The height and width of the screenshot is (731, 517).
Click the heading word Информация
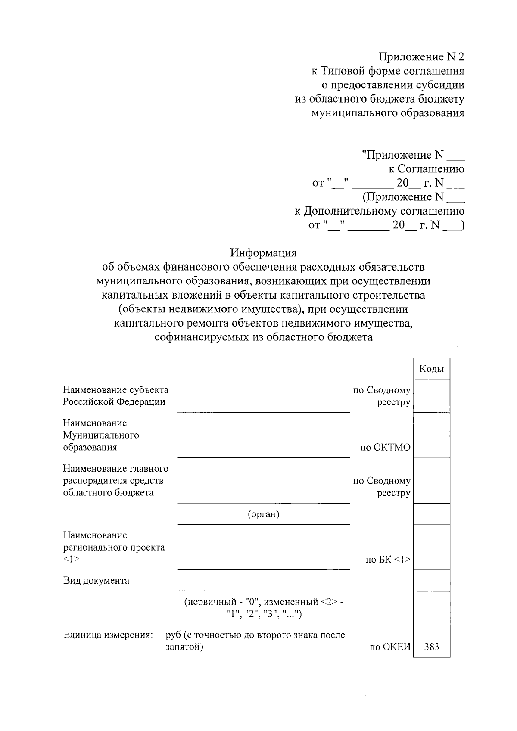click(263, 252)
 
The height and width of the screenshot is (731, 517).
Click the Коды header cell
click(431, 369)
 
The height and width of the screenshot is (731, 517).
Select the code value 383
click(431, 647)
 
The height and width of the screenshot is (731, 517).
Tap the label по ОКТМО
click(385, 448)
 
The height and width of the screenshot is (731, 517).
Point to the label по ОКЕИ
click(389, 647)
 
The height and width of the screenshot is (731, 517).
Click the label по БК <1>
click(388, 560)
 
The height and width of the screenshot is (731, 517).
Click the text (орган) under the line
click(263, 514)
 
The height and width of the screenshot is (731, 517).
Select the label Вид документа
click(96, 580)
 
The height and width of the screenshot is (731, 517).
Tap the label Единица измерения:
click(108, 635)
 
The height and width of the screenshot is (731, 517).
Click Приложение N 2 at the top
click(421, 56)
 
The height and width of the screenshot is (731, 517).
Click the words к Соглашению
click(426, 169)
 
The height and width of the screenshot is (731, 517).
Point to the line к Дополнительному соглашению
click(379, 211)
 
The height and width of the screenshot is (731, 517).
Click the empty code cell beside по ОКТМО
click(431, 435)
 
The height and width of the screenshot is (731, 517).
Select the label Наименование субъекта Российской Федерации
click(115, 396)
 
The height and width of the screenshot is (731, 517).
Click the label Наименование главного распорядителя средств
click(115, 474)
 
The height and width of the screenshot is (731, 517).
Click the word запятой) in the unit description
click(184, 647)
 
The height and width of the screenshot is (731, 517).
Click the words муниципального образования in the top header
click(387, 113)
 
